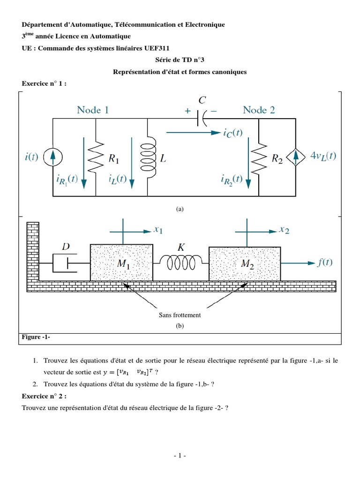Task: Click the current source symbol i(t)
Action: click(x=52, y=157)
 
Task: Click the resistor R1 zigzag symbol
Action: click(x=96, y=157)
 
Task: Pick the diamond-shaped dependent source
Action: click(x=296, y=157)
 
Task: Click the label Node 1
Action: click(x=93, y=110)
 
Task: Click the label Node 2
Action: click(x=259, y=110)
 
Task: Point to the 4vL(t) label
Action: click(x=323, y=157)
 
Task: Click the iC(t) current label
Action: click(x=232, y=133)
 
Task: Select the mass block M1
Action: click(x=121, y=262)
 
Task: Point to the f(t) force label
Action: click(x=323, y=262)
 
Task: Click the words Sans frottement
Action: click(x=180, y=315)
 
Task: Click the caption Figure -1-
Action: click(x=36, y=337)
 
